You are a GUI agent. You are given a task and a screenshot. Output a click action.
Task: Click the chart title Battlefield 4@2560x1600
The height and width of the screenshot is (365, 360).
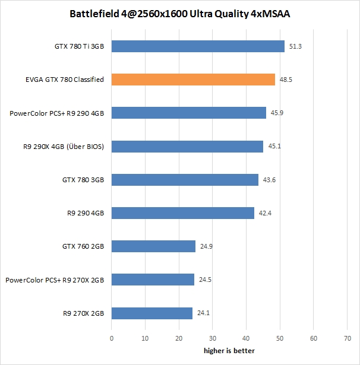click(x=180, y=13)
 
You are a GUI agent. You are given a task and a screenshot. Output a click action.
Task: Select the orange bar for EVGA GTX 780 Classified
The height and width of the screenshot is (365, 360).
click(x=193, y=80)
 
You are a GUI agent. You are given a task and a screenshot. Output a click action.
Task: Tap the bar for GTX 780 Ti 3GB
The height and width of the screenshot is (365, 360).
click(x=198, y=46)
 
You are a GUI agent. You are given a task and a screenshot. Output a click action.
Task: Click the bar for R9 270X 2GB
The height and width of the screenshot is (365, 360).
click(x=152, y=313)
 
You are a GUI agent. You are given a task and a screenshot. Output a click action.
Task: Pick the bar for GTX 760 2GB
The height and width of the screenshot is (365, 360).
click(x=153, y=246)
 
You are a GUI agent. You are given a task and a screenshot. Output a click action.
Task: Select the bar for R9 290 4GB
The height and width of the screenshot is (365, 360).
click(x=183, y=213)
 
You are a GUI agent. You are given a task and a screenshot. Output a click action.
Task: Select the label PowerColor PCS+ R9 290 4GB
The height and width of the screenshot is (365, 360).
click(x=58, y=113)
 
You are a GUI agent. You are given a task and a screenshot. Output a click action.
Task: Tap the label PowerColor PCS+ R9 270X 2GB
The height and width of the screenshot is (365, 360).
click(x=55, y=280)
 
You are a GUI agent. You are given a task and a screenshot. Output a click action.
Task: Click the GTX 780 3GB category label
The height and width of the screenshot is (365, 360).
click(x=83, y=180)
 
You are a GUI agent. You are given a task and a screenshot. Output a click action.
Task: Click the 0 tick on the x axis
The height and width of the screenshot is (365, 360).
click(x=112, y=338)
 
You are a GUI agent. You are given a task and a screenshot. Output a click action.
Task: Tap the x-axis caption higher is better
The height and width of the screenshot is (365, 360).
click(x=229, y=351)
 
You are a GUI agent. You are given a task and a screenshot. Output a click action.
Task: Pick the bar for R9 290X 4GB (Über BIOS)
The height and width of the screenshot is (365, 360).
click(x=187, y=147)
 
